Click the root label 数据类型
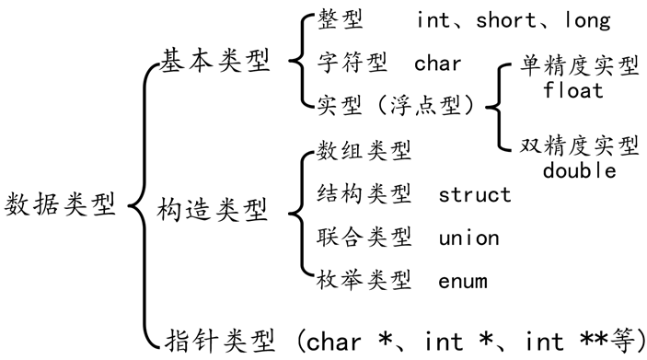63,203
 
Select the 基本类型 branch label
216,63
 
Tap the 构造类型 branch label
213,209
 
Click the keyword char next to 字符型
438,64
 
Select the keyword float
573,91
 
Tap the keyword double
579,170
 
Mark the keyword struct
474,194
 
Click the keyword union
468,238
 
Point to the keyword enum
463,281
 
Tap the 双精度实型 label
579,147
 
